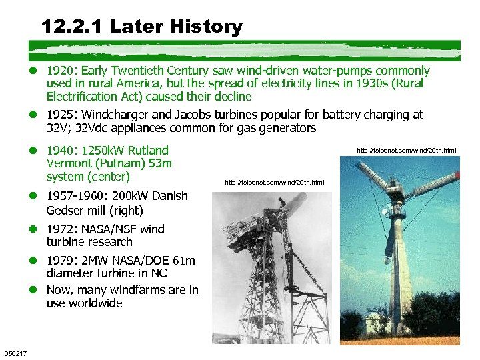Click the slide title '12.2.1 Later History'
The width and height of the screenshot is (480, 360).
[141, 27]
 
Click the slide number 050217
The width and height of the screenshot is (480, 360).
[15, 353]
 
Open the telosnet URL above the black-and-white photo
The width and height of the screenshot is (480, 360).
[275, 182]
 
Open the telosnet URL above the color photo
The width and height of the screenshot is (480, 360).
[407, 151]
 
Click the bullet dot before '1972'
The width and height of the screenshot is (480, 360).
[38, 229]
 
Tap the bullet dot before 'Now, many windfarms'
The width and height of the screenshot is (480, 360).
[38, 290]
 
